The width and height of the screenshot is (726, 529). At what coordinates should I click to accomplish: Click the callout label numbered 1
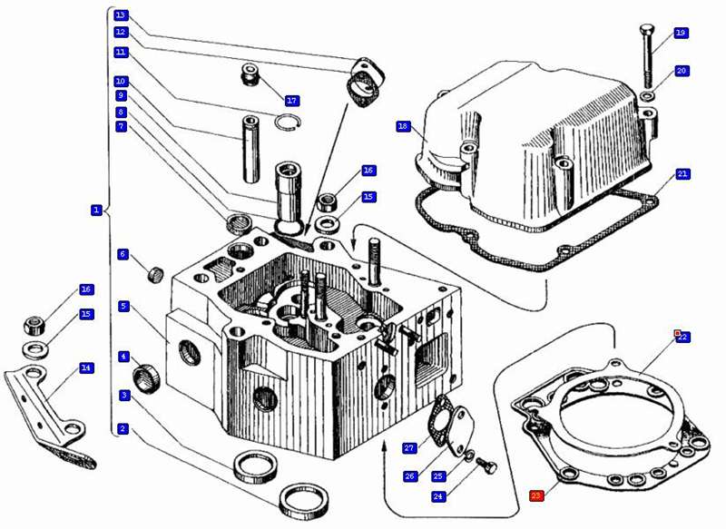click(x=95, y=210)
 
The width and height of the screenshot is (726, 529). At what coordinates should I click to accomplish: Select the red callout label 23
click(x=536, y=495)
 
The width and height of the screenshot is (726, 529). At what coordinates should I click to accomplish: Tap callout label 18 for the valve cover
click(x=404, y=126)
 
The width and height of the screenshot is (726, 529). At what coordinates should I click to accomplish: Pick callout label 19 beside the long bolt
click(x=681, y=33)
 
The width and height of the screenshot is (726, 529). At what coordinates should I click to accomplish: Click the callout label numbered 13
click(x=121, y=15)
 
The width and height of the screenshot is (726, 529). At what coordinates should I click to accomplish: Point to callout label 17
click(x=291, y=100)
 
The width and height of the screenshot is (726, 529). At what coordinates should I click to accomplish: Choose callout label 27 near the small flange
click(x=409, y=447)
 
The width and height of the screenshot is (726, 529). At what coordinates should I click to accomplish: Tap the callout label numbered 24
click(x=438, y=495)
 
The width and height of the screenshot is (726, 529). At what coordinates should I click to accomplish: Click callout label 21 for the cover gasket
click(x=682, y=173)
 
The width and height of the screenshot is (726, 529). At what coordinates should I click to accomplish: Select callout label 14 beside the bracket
click(x=86, y=368)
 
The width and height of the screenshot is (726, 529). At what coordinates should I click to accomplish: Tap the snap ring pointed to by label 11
click(x=289, y=124)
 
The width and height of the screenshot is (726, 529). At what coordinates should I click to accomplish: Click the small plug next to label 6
click(x=153, y=271)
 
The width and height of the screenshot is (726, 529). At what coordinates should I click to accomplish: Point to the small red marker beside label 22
click(x=677, y=333)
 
